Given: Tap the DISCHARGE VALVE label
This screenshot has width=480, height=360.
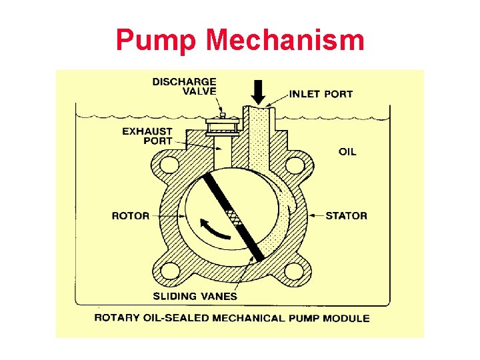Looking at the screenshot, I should (x=185, y=87).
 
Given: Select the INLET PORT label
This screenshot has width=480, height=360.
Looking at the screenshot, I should (x=321, y=94).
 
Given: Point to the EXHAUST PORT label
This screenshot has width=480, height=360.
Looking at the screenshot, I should (x=147, y=136).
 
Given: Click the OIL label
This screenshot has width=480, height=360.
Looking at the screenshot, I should (x=347, y=151).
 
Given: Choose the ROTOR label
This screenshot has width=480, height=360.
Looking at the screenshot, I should (x=130, y=215).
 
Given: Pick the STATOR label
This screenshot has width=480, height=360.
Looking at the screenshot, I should (x=346, y=215).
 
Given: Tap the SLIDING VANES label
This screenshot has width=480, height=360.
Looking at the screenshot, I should (x=195, y=295).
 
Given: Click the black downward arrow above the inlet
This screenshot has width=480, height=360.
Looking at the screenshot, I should (x=259, y=91).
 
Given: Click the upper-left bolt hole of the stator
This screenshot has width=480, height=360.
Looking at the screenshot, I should (x=169, y=164).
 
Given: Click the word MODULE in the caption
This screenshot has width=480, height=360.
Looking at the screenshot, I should (x=346, y=318).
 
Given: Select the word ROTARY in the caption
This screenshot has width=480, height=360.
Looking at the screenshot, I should (x=117, y=318).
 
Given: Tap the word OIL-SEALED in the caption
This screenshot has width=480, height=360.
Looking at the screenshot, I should (x=181, y=318).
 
